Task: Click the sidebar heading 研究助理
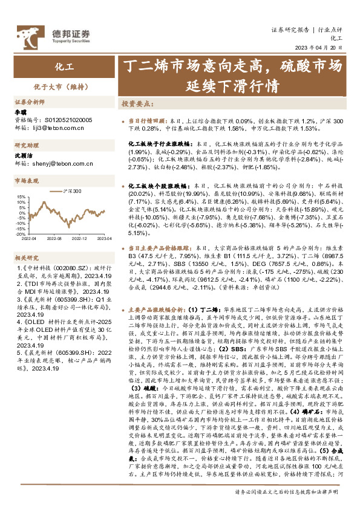(27, 146)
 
